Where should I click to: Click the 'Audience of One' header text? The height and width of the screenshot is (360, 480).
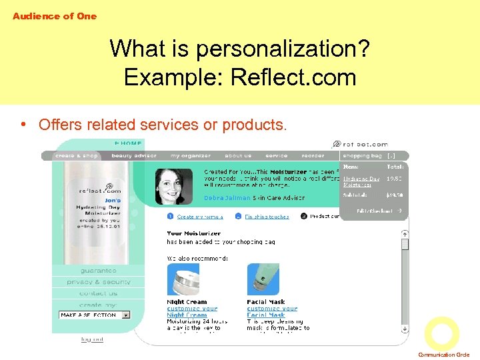pyautogui.click(x=54, y=16)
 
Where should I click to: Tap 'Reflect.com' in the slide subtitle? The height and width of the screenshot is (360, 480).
pyautogui.click(x=293, y=77)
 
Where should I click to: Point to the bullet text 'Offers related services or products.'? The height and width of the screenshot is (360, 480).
pyautogui.click(x=163, y=125)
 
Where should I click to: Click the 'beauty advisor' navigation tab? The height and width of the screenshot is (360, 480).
pyautogui.click(x=134, y=156)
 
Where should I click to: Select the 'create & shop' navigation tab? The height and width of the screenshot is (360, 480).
pyautogui.click(x=77, y=156)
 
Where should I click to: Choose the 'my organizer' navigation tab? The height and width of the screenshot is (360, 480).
pyautogui.click(x=191, y=156)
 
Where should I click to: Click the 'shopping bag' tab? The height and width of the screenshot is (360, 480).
pyautogui.click(x=362, y=156)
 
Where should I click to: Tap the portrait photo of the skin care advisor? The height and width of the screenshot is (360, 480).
pyautogui.click(x=173, y=186)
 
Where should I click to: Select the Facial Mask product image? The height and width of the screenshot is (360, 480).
pyautogui.click(x=263, y=279)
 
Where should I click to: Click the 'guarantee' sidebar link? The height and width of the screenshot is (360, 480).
pyautogui.click(x=98, y=271)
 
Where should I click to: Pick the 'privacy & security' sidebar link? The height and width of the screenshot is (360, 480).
pyautogui.click(x=98, y=282)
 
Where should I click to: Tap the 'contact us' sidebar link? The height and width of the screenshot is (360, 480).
pyautogui.click(x=98, y=293)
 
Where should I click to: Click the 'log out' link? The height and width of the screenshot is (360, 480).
pyautogui.click(x=92, y=339)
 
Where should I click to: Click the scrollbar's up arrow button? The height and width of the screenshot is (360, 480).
pyautogui.click(x=404, y=234)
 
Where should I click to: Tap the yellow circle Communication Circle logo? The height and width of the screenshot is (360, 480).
pyautogui.click(x=441, y=333)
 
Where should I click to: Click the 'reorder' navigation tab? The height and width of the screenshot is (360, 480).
pyautogui.click(x=313, y=156)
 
